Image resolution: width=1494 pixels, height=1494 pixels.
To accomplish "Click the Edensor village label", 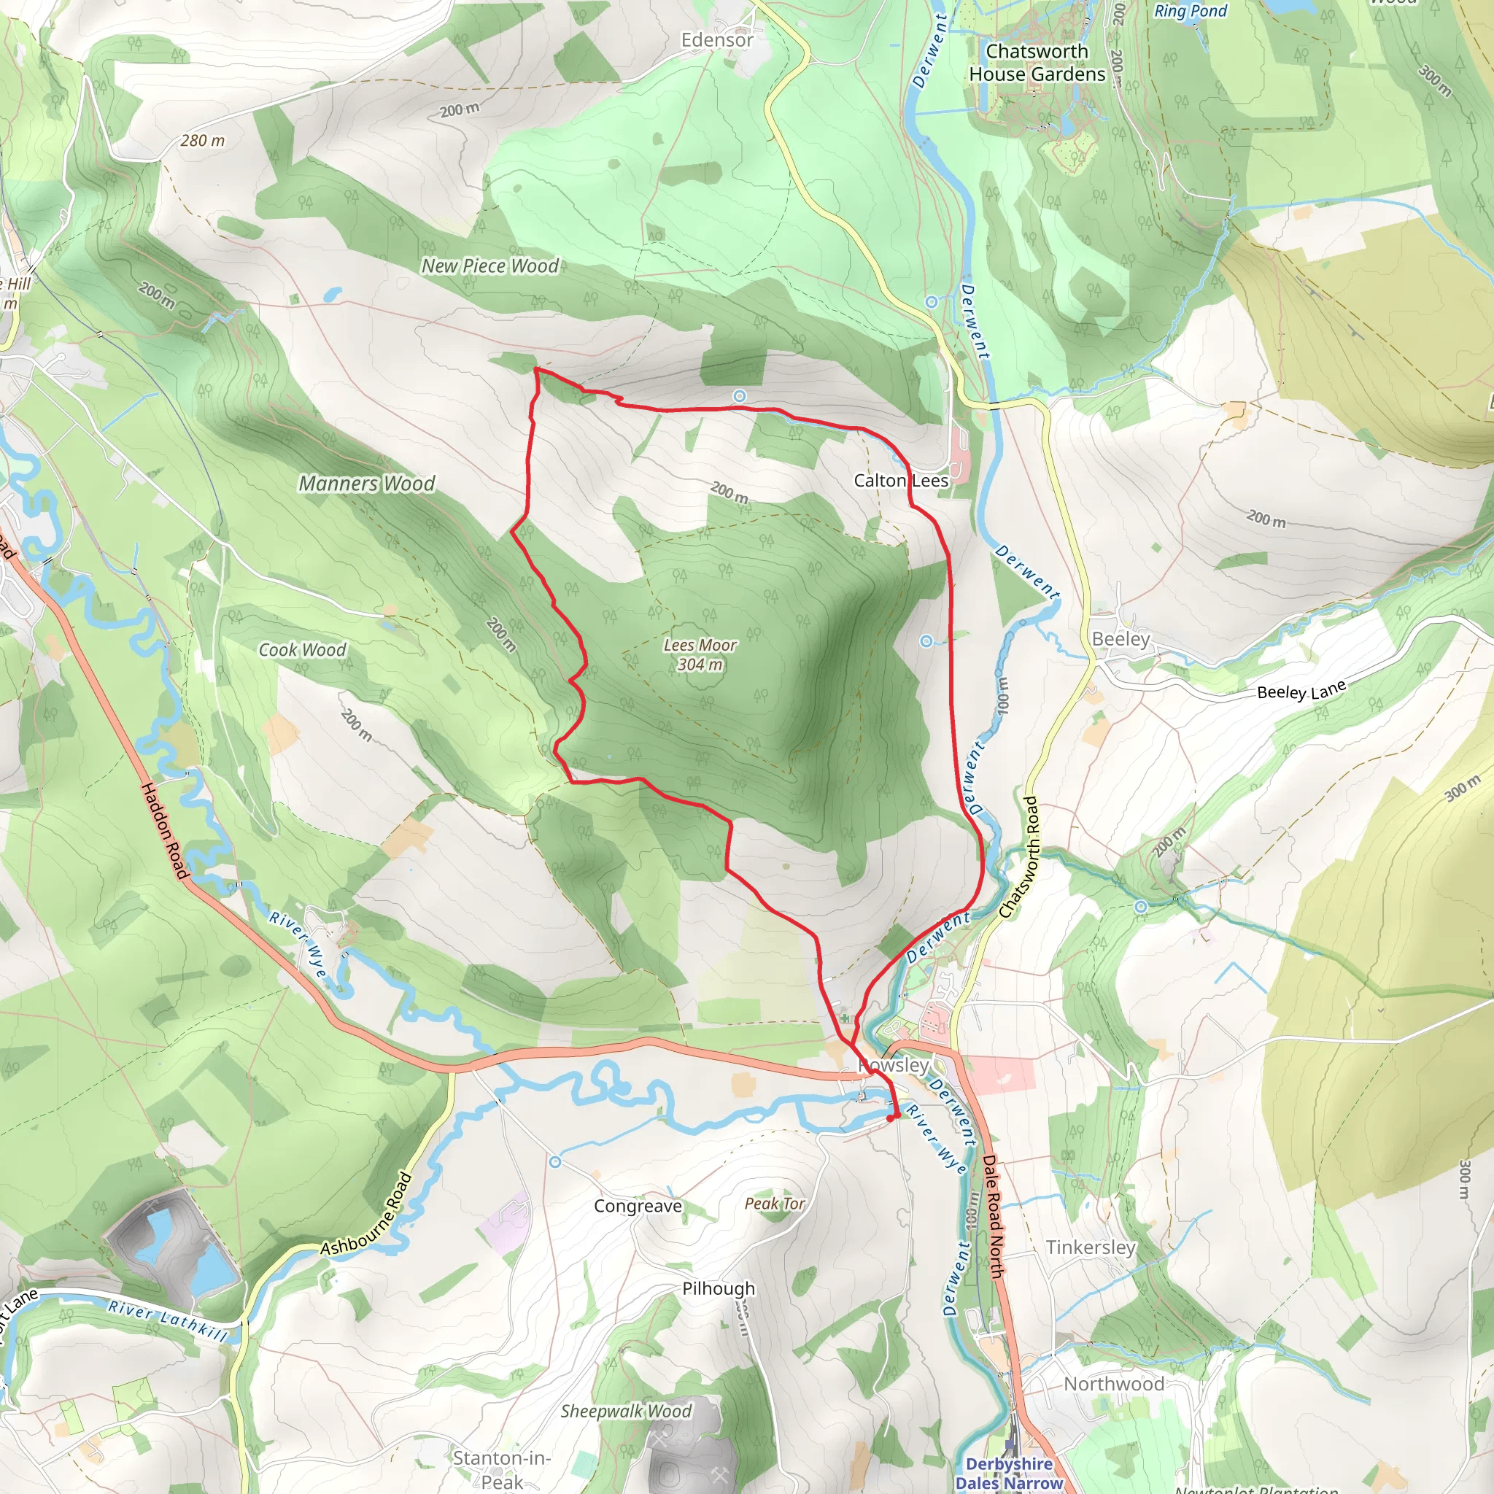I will point(717,40).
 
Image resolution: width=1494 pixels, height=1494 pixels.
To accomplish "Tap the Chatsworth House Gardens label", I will point(1037,63).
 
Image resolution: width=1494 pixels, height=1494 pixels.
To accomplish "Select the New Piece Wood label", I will point(489,266).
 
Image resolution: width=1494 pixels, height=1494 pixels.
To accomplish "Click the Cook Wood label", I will point(302,650).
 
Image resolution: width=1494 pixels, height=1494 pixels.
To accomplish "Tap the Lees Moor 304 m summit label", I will point(700,655).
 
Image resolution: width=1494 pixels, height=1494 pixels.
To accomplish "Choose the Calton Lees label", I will point(901,481).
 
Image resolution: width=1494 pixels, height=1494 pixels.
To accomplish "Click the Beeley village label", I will point(1120,640).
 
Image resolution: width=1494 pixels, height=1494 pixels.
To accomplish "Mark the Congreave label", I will point(638,1207).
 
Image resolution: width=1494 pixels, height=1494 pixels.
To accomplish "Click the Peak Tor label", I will point(774,1204).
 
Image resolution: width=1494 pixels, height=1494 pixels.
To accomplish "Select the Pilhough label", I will point(719,1288).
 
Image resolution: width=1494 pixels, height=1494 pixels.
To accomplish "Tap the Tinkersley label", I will point(1091,1247).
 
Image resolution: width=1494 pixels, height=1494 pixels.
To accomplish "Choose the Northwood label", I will point(1113,1384).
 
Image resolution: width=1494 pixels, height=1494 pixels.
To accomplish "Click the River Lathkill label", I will point(168,1321).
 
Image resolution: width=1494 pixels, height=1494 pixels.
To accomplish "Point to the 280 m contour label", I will point(203,141).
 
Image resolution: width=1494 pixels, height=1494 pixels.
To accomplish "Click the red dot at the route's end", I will point(891,1118).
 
